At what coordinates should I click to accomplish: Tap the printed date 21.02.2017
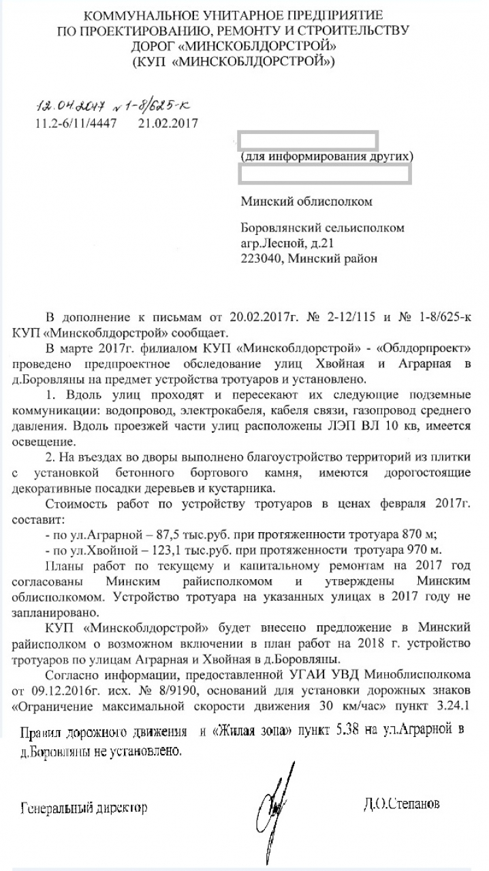pos(167,123)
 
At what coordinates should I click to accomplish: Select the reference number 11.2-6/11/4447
pos(76,123)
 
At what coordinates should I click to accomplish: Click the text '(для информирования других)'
pos(326,157)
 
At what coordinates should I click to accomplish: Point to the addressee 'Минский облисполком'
pos(307,201)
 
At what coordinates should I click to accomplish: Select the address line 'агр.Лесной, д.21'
pos(289,243)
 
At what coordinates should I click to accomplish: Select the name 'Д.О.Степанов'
pos(402,804)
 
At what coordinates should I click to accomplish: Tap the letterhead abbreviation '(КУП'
pos(150,61)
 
